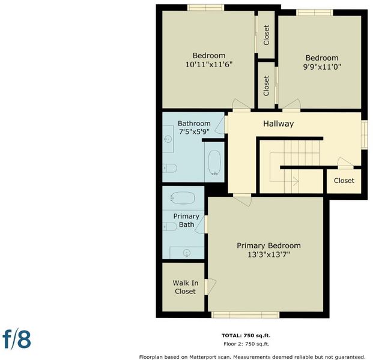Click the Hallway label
click(278, 124)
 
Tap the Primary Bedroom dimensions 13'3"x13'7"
click(268, 255)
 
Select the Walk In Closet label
click(186, 287)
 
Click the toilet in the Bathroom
click(170, 168)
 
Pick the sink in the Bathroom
click(168, 139)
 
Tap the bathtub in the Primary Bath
click(183, 198)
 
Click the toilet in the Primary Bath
click(169, 226)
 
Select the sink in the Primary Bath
click(187, 253)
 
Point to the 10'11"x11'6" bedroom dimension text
click(209, 64)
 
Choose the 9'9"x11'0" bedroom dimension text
click(322, 67)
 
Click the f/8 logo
click(17, 340)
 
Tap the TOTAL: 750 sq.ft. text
click(246, 335)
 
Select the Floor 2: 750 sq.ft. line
click(246, 344)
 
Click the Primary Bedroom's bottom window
click(245, 315)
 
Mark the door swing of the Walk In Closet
click(212, 286)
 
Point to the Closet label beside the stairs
click(344, 181)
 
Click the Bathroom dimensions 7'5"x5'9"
click(194, 131)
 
